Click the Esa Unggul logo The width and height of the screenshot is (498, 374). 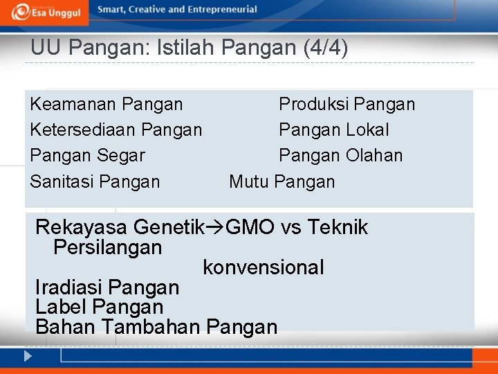point(46,11)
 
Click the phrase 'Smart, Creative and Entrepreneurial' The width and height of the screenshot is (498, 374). point(177,10)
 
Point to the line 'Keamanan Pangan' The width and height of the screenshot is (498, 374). point(107,105)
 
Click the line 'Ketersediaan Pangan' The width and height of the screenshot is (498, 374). point(116,130)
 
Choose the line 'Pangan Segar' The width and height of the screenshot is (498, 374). point(88,156)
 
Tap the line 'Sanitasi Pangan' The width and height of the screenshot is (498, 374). point(95,182)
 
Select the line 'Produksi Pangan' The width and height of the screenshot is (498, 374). point(347,105)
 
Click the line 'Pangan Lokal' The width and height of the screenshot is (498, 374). point(333,130)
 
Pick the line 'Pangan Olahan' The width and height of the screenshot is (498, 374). point(340,156)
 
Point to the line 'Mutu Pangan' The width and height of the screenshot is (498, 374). point(282,182)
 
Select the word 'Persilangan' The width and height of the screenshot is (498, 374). point(107,247)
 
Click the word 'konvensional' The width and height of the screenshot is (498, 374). point(263,267)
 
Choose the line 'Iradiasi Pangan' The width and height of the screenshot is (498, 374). point(107,287)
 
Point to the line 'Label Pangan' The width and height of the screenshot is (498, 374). point(99,307)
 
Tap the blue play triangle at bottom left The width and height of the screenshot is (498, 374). point(27,357)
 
